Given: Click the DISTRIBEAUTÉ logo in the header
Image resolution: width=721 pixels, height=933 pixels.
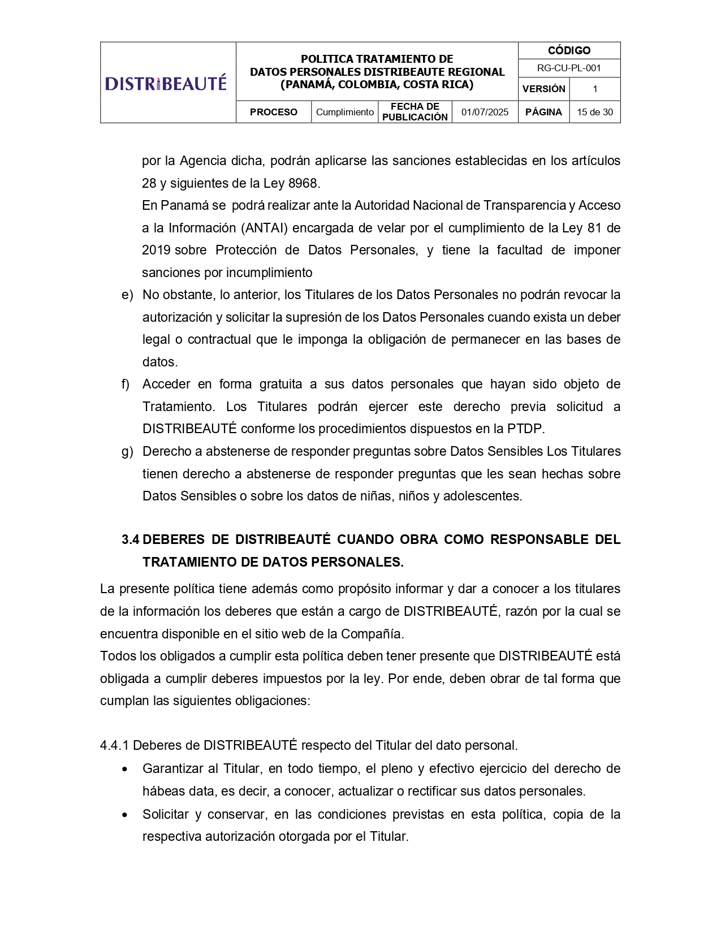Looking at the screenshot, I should click(x=166, y=83).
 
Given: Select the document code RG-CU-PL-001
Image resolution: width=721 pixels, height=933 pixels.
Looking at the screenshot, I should click(x=569, y=68).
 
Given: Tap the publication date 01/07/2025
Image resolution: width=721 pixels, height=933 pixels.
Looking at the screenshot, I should click(x=485, y=112).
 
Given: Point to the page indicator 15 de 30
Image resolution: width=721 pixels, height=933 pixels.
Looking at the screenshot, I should click(x=594, y=112).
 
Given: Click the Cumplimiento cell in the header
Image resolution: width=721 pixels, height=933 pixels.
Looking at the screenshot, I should click(x=344, y=112).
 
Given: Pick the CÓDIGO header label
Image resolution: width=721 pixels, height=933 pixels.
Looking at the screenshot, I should click(x=569, y=50).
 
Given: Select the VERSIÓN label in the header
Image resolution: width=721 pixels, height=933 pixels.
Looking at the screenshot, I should click(x=543, y=89).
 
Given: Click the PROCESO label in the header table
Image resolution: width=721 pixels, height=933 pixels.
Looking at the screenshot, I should click(x=273, y=112).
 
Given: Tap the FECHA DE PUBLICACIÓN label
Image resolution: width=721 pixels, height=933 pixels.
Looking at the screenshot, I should click(x=415, y=112).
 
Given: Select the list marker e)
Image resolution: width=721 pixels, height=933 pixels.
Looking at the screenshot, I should click(x=127, y=295).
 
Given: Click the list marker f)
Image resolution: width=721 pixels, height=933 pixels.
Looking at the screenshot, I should click(x=126, y=384).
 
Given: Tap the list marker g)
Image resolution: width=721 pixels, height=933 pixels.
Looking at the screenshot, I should click(x=127, y=451).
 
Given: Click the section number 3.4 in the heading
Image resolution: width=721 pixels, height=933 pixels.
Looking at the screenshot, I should click(x=130, y=539).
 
